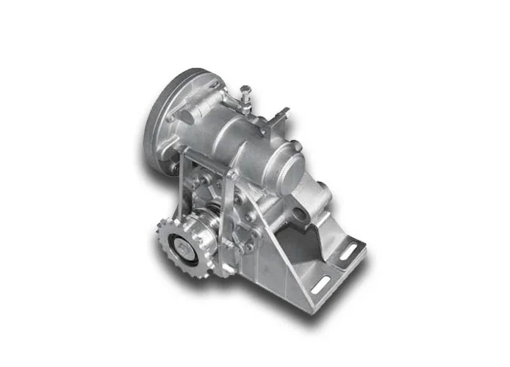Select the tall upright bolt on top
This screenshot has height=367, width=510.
tap(244, 95)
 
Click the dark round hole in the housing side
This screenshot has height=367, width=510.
tap(301, 214)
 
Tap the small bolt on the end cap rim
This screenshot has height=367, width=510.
tap(298, 148)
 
